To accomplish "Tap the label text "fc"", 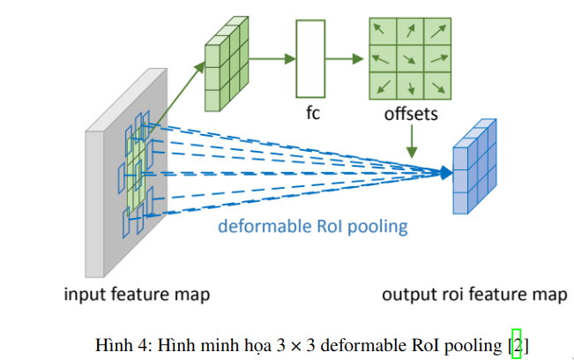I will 313,114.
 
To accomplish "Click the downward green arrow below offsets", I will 411,140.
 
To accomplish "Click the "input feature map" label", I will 136,294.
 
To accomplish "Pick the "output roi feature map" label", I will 474,294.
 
